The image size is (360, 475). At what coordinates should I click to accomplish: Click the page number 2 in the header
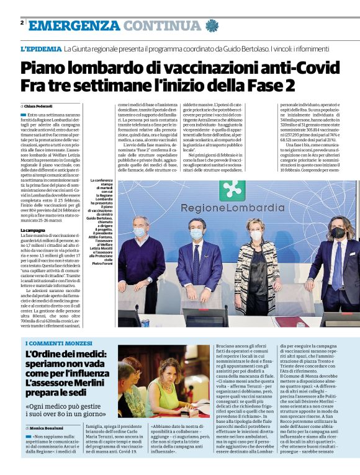(22, 22)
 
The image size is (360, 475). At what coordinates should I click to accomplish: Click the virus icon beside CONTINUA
(212, 25)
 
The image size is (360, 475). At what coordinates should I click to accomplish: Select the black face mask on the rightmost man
(337, 233)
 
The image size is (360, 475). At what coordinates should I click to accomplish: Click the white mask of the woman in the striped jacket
(256, 236)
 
